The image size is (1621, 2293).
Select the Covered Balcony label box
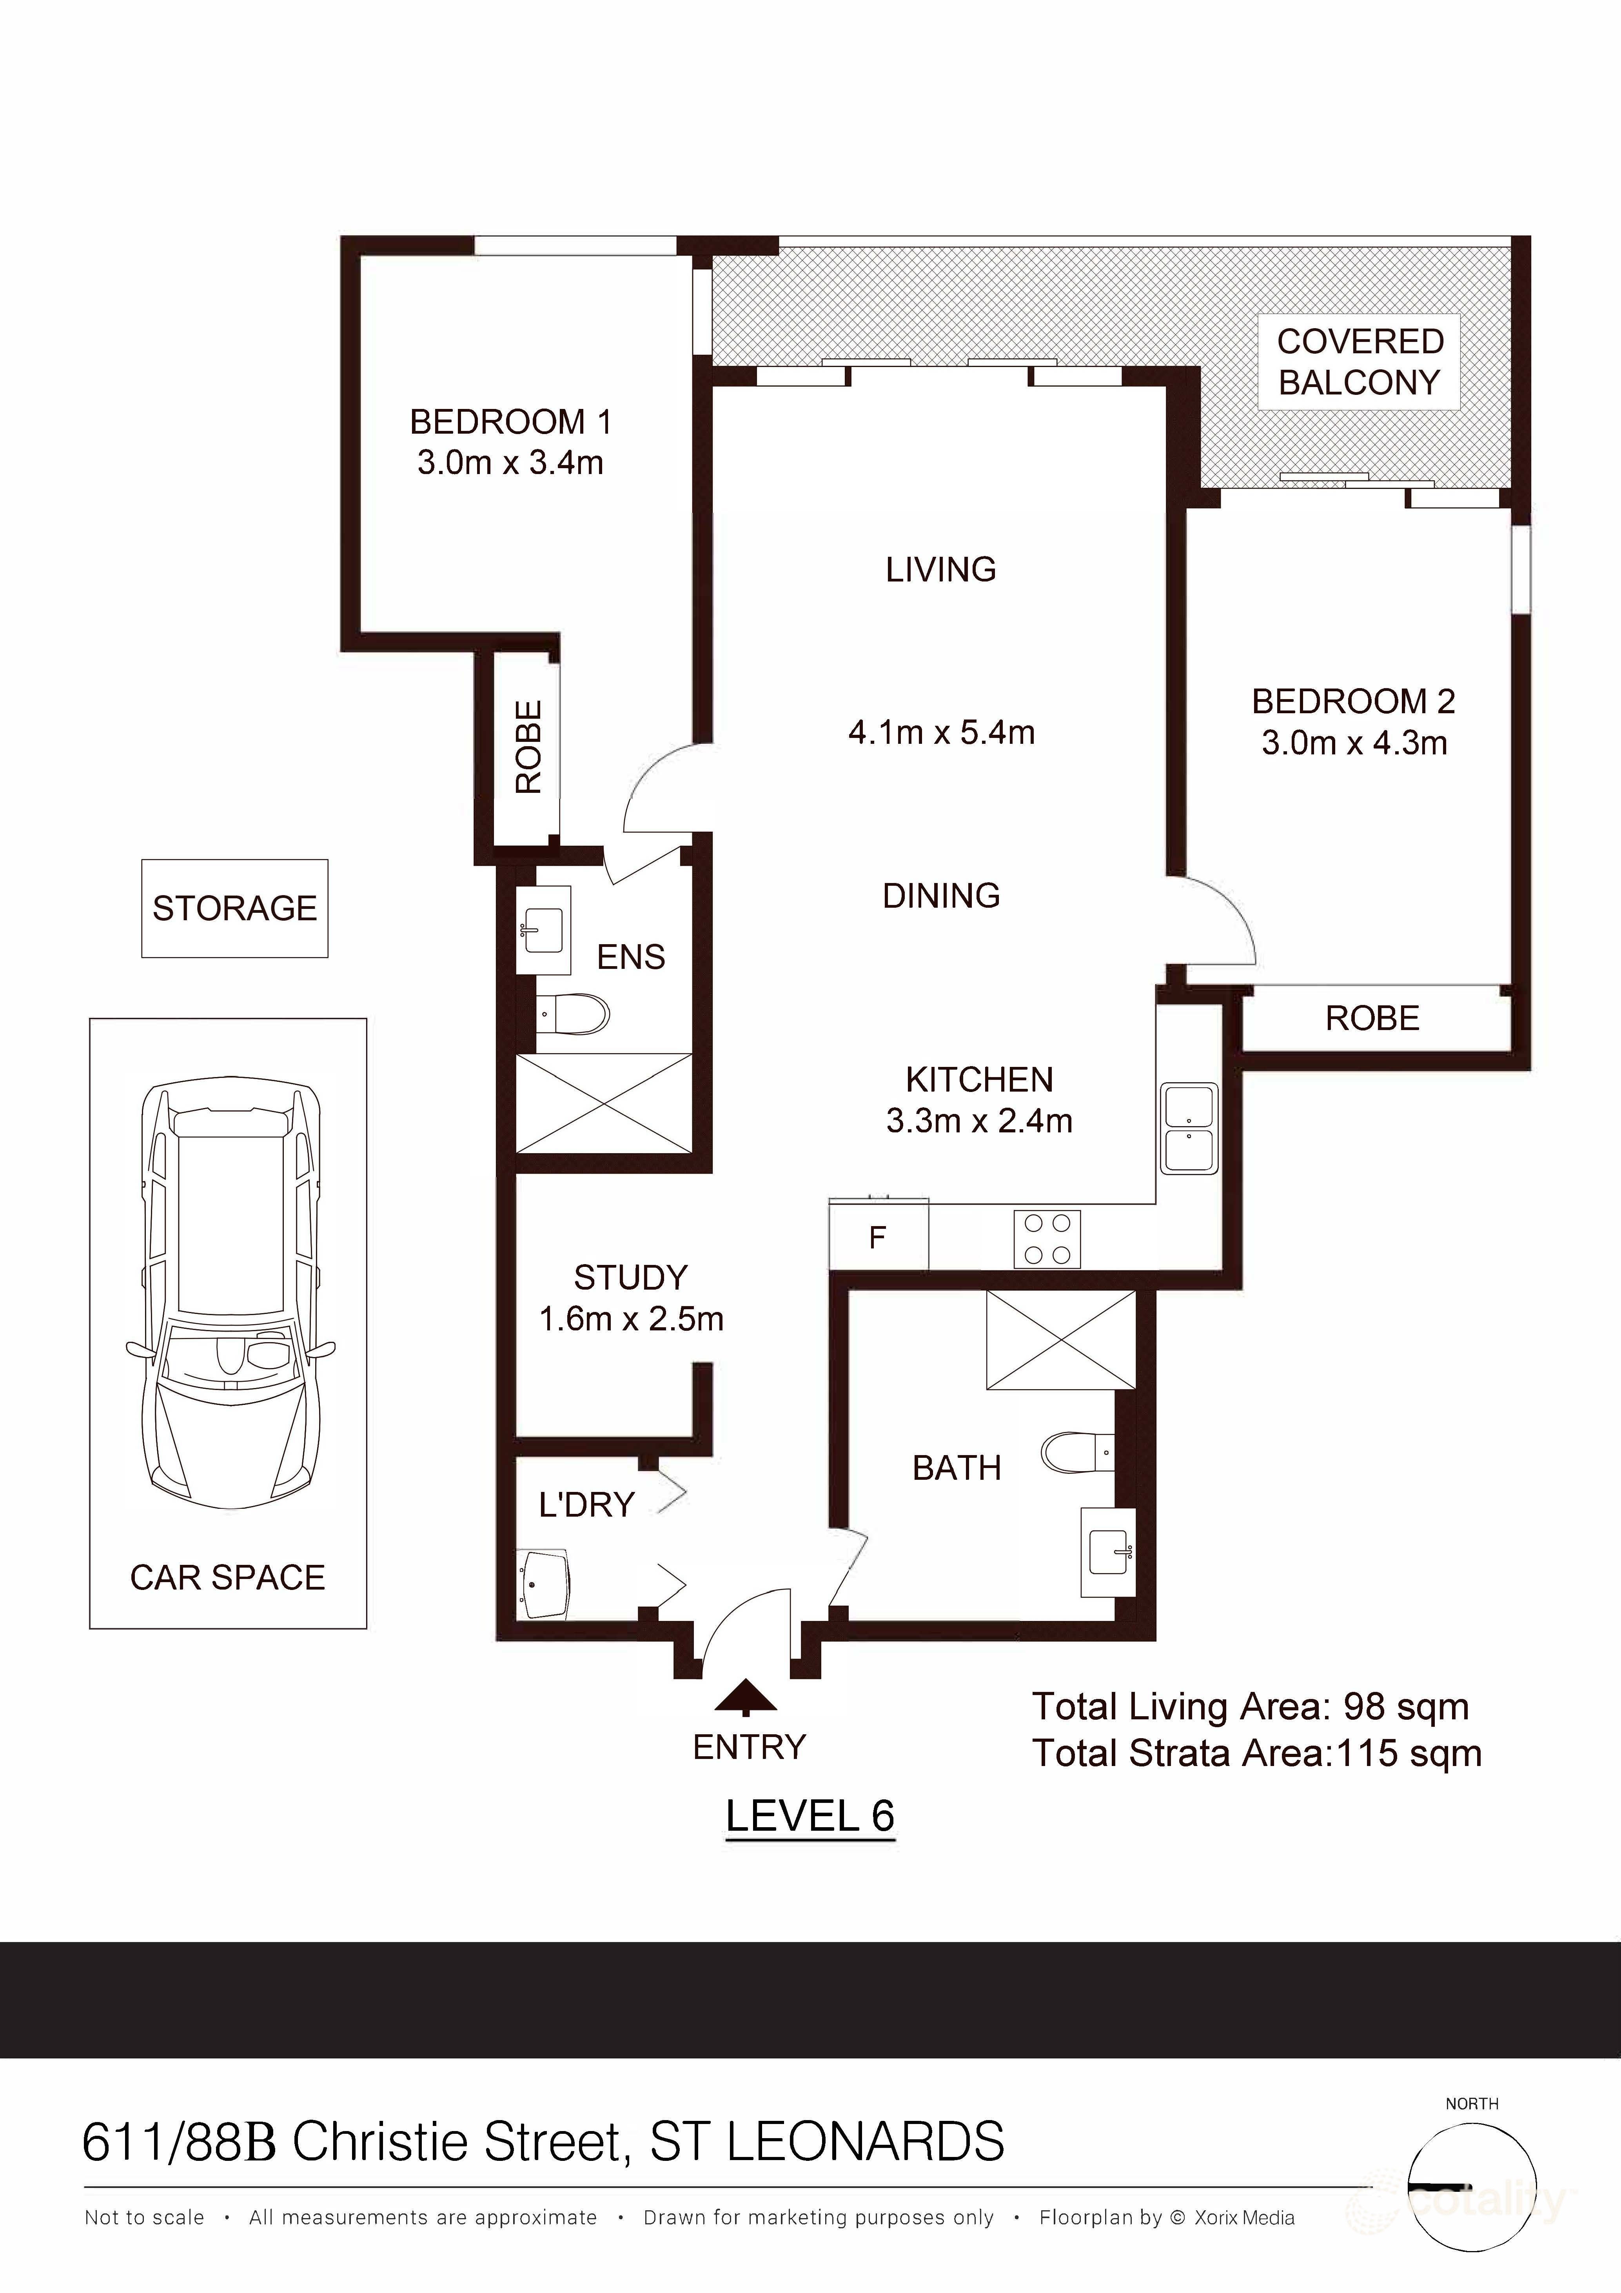pos(1359,362)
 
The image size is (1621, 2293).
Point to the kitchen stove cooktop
pos(1047,1239)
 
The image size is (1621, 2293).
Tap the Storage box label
pos(235,908)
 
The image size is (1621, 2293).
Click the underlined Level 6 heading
pos(809,1816)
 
